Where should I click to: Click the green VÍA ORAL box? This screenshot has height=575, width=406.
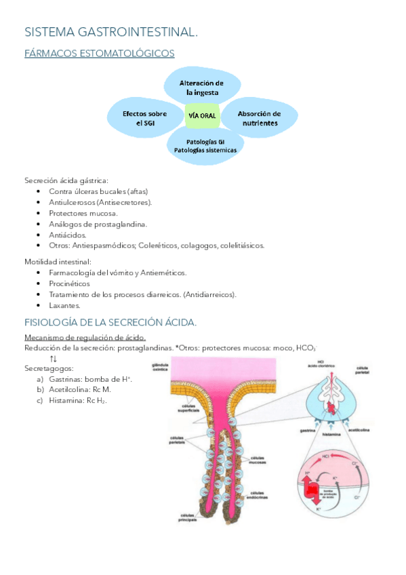tap(201, 116)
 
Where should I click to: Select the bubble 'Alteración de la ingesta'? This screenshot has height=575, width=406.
tap(201, 87)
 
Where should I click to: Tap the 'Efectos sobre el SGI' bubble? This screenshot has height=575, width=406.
tap(144, 118)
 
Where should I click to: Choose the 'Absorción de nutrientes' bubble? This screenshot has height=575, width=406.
tap(259, 118)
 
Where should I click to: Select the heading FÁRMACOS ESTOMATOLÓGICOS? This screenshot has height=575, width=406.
tap(99, 53)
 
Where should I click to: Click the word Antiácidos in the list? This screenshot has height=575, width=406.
tap(68, 235)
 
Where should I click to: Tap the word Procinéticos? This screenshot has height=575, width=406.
tap(69, 283)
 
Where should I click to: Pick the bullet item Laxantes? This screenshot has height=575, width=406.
tap(64, 305)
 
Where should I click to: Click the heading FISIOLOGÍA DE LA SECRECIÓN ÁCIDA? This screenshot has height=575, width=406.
tap(110, 321)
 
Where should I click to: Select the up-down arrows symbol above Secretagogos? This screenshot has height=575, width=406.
tap(54, 357)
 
